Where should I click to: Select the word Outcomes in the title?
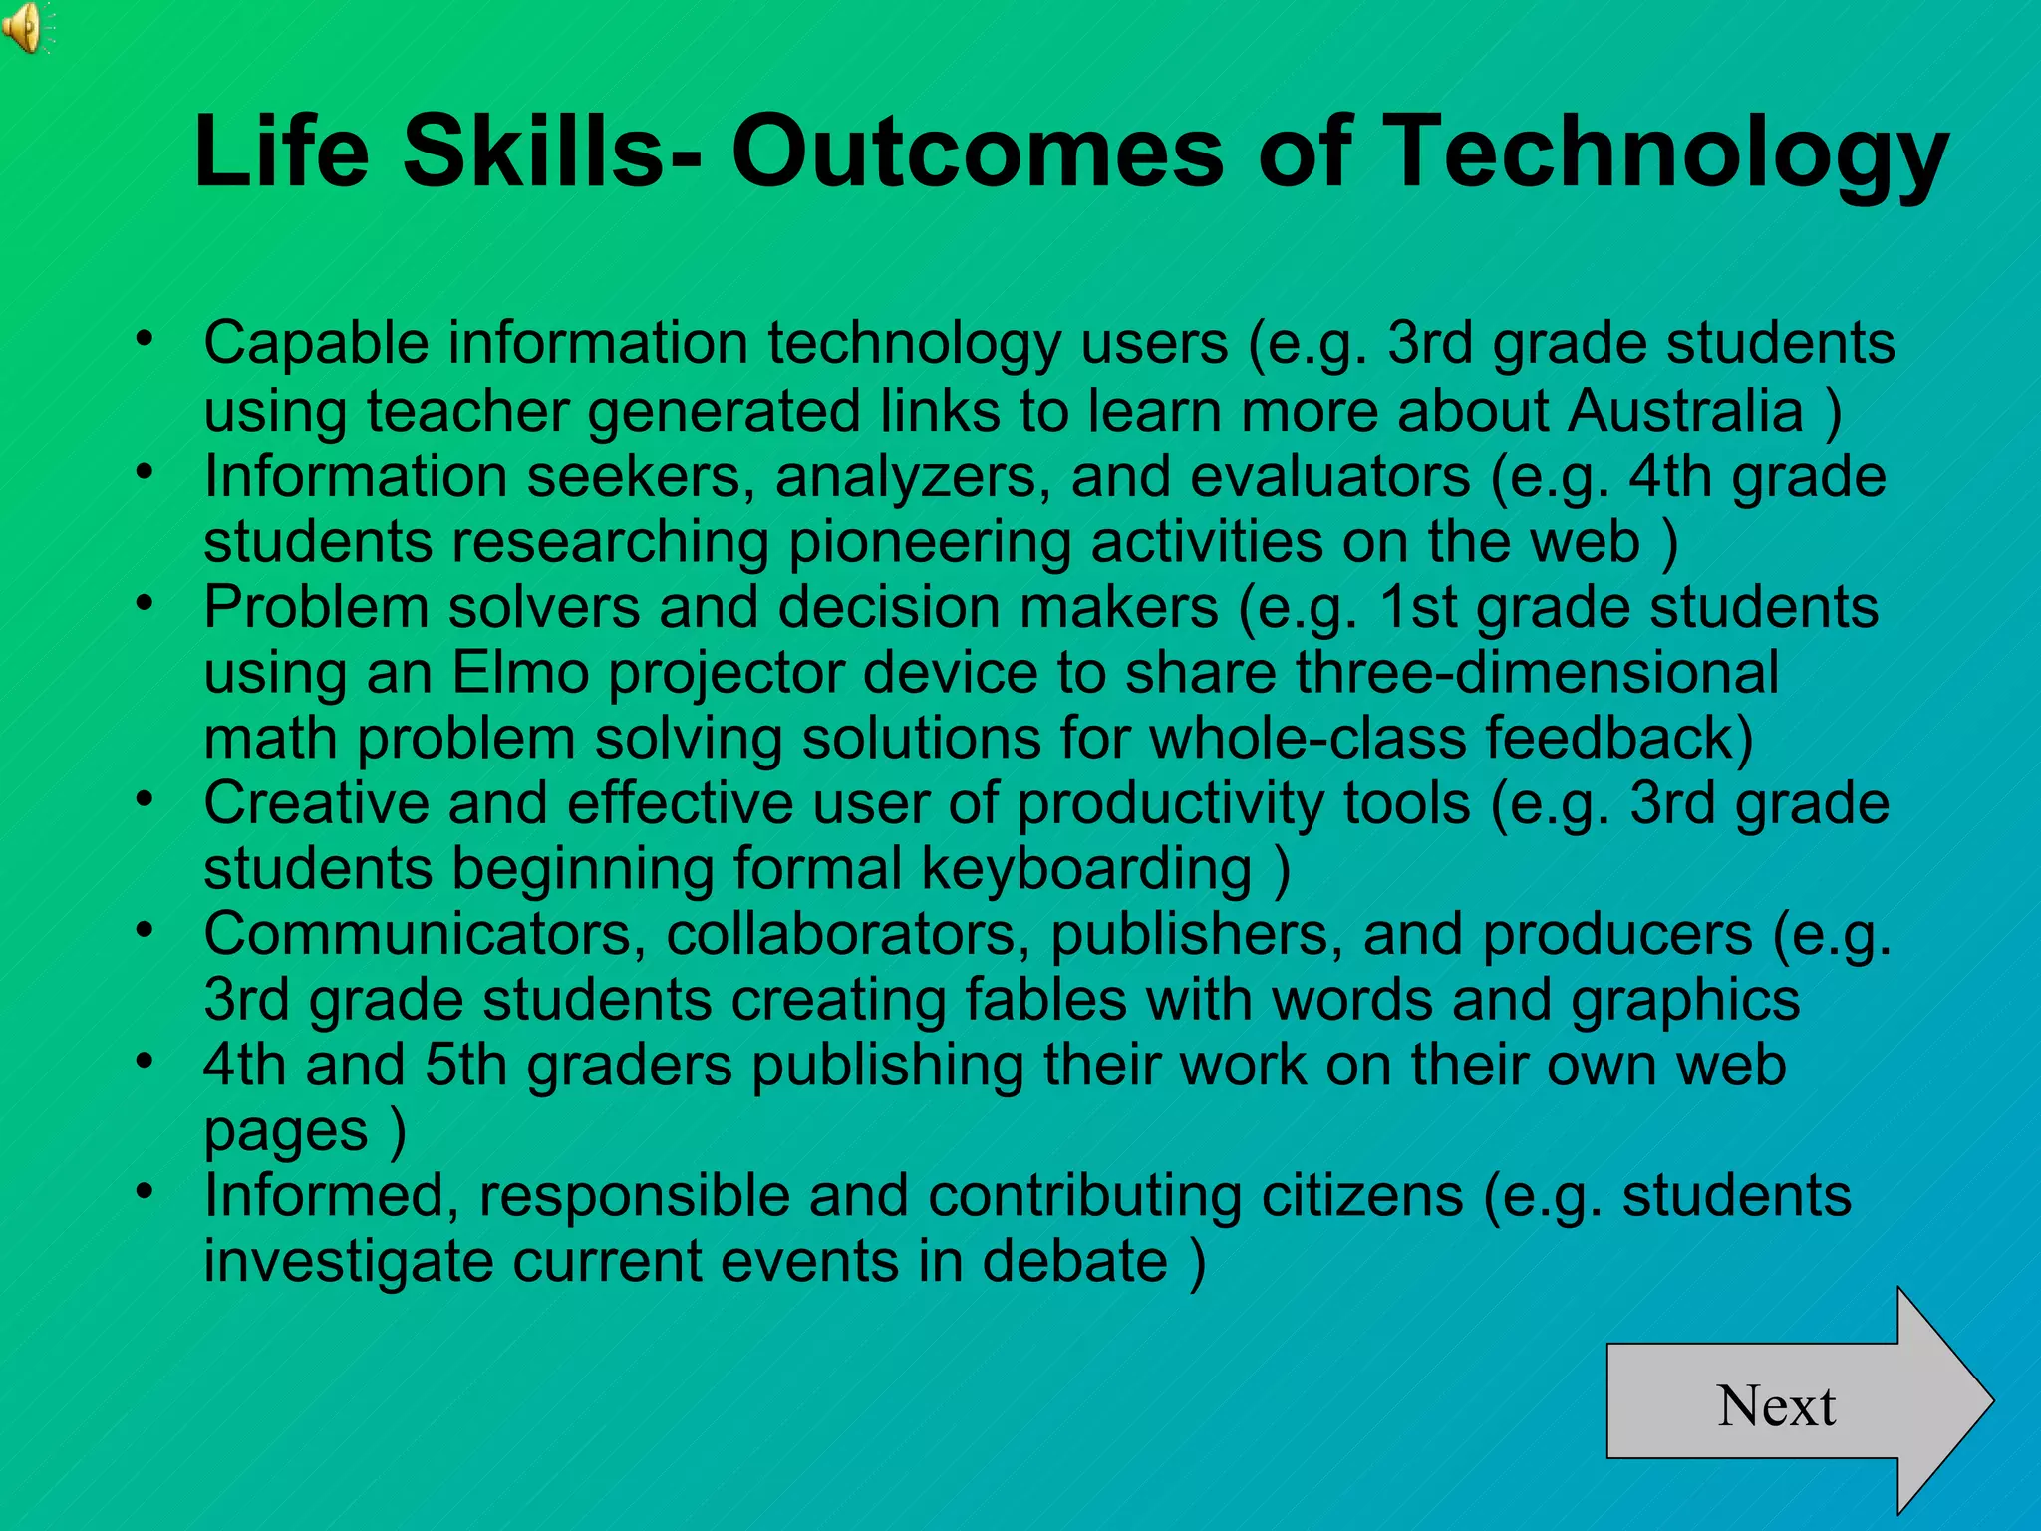pyautogui.click(x=977, y=152)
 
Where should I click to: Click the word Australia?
pyautogui.click(x=1685, y=410)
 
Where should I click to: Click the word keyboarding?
pyautogui.click(x=1087, y=868)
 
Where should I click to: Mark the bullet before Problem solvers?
pyautogui.click(x=146, y=601)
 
